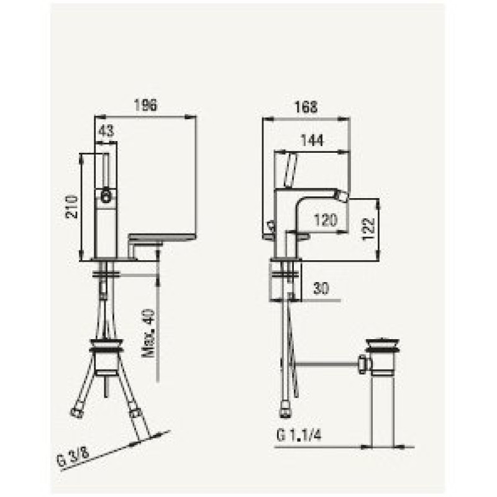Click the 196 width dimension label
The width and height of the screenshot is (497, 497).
[145, 105]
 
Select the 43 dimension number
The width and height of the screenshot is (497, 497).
[106, 130]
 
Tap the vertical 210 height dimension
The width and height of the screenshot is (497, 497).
[71, 207]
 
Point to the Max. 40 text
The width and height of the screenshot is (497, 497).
[148, 333]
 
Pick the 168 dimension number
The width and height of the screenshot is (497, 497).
[306, 107]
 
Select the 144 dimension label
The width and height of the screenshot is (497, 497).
[312, 141]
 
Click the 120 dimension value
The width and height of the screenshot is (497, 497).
[326, 220]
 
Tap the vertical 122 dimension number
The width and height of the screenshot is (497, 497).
[368, 229]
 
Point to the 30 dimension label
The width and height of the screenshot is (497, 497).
[321, 288]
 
